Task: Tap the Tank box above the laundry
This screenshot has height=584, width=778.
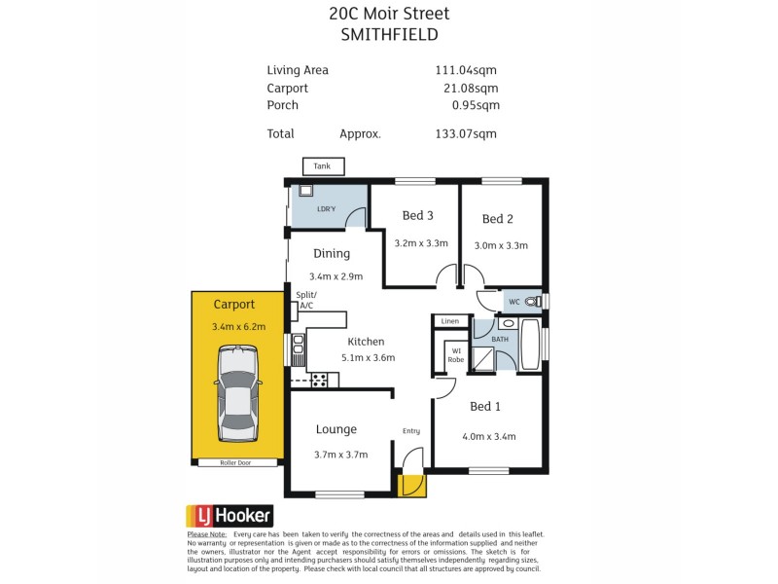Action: pos(322,166)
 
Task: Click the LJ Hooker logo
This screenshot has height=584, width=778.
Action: pos(230,516)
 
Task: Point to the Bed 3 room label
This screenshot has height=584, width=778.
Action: pos(417,216)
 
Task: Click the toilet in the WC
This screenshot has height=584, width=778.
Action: pos(531,302)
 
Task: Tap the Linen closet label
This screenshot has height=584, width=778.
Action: pos(449,321)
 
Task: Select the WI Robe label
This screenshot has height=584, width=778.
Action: pos(455,355)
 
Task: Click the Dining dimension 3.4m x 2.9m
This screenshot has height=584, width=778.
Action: pos(336,276)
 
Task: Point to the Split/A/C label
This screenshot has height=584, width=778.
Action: pos(305,301)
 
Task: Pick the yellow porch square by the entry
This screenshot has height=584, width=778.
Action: pos(412,485)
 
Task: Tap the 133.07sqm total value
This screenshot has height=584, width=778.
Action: pos(467,134)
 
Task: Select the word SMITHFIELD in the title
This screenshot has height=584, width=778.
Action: pos(389,34)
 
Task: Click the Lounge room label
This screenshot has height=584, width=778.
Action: pos(336,429)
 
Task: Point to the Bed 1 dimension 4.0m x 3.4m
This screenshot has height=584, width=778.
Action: pos(488,436)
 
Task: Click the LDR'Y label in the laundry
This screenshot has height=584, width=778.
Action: pos(326,209)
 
